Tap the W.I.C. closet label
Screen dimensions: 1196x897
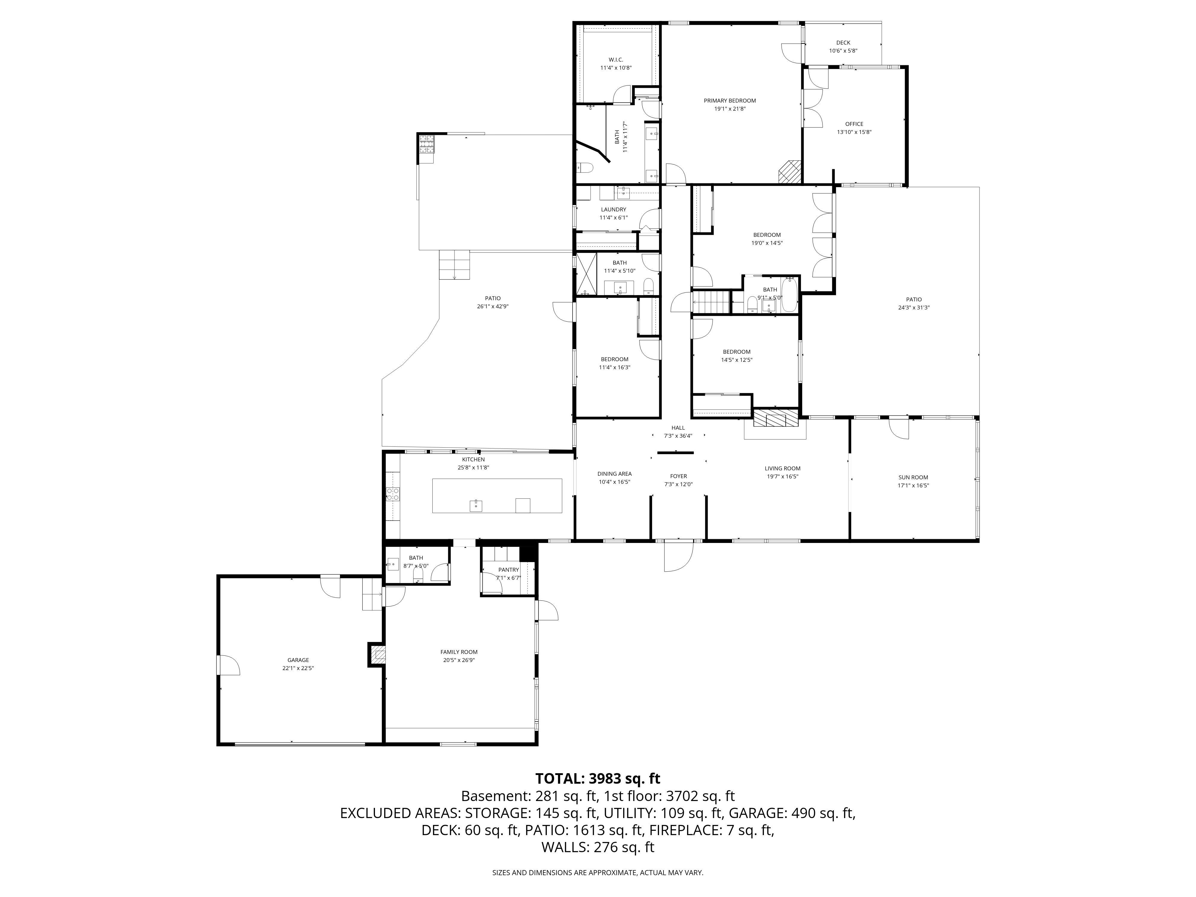[x=616, y=60]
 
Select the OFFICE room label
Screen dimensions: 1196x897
[x=854, y=124]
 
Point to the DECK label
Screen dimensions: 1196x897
[x=843, y=43]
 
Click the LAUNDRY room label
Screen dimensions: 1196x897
[x=614, y=209]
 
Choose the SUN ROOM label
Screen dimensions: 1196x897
[x=913, y=478]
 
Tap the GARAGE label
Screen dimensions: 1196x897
[x=298, y=660]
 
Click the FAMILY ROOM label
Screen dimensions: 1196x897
[x=459, y=652]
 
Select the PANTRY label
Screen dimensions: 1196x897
[x=509, y=570]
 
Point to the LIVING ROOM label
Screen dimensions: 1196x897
[x=782, y=469]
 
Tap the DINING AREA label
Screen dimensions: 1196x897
[x=614, y=474]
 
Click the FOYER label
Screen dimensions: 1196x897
[x=678, y=476]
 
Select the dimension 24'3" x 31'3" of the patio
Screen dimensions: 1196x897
[x=914, y=308]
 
